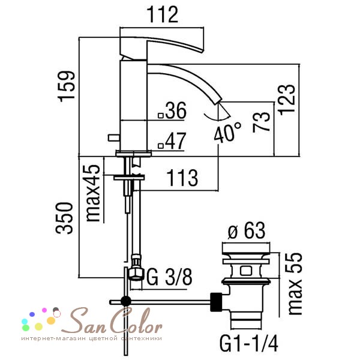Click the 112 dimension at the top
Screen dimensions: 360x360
click(162, 14)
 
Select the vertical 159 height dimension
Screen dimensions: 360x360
click(67, 86)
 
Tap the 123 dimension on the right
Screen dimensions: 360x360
click(286, 99)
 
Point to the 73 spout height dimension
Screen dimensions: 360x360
click(261, 122)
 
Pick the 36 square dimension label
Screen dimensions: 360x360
click(172, 110)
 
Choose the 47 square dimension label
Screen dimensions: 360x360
click(172, 141)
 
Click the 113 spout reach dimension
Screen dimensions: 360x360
click(182, 178)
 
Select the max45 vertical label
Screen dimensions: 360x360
click(93, 193)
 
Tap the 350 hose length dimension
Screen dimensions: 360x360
click(64, 218)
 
